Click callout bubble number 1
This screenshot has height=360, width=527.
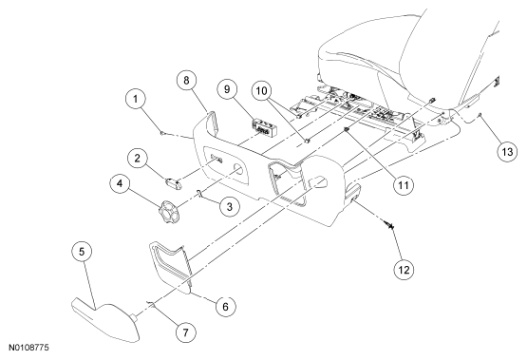coord(136,99)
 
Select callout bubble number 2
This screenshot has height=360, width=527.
coord(137,158)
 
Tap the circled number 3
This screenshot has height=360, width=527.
coord(230,206)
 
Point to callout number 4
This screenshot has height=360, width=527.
coord(120,183)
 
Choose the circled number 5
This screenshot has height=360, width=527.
coord(82,252)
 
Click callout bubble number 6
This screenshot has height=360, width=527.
coord(225,306)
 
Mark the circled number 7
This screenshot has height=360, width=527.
coord(186,332)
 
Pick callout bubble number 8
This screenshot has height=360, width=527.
coord(186,81)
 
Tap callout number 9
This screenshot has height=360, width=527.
coord(227,89)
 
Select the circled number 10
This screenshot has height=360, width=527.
coord(262,91)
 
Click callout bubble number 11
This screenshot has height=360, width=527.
coord(404,185)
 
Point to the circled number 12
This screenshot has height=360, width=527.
coord(404,269)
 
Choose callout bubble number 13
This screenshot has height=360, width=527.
coord(507,152)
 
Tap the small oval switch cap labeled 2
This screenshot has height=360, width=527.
coord(174,184)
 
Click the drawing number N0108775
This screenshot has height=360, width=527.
coord(28,348)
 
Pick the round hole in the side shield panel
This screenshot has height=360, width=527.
coord(238,169)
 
